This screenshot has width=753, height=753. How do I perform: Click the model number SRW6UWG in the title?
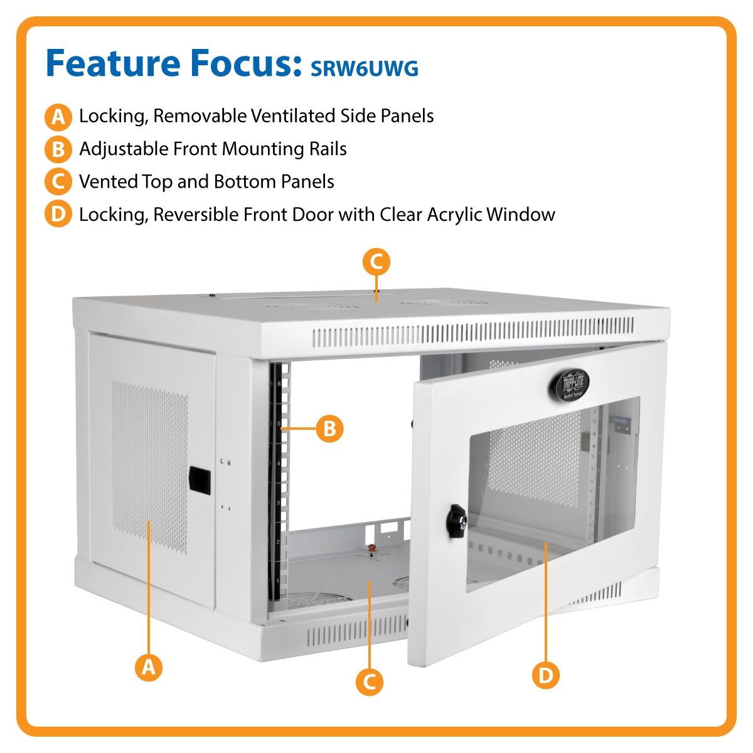365,68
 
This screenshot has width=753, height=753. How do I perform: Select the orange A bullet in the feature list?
58,116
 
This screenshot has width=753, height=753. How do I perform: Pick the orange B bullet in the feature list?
58,149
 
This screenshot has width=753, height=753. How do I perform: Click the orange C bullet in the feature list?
58,182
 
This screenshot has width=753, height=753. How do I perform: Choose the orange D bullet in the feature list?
58,215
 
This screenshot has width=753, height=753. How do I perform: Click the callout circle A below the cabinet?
149,666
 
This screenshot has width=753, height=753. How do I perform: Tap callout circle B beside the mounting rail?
329,429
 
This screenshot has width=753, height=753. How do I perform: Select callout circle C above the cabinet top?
376,262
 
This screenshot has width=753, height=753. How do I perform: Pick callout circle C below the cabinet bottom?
370,682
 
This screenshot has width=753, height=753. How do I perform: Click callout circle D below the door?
546,675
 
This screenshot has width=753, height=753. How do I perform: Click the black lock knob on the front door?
455,521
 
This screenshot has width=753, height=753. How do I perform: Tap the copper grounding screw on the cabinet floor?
371,552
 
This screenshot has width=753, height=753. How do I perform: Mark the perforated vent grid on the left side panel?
149,461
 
